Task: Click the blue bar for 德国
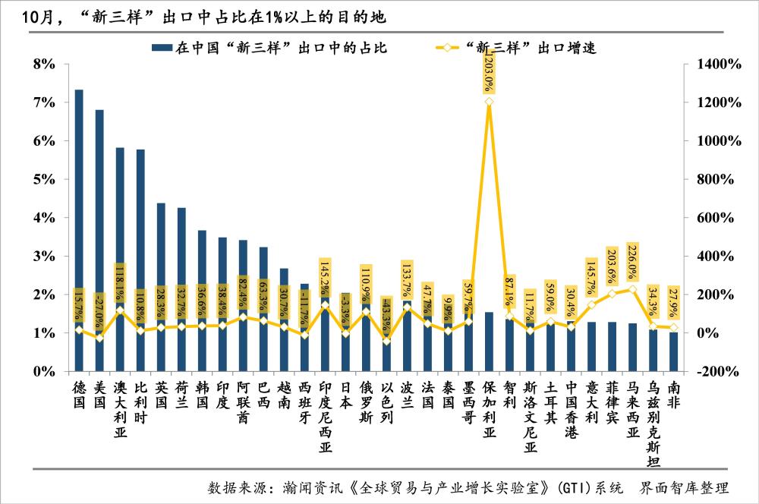coord(79,228)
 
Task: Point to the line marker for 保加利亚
coord(489,102)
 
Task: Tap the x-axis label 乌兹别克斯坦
coord(653,421)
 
